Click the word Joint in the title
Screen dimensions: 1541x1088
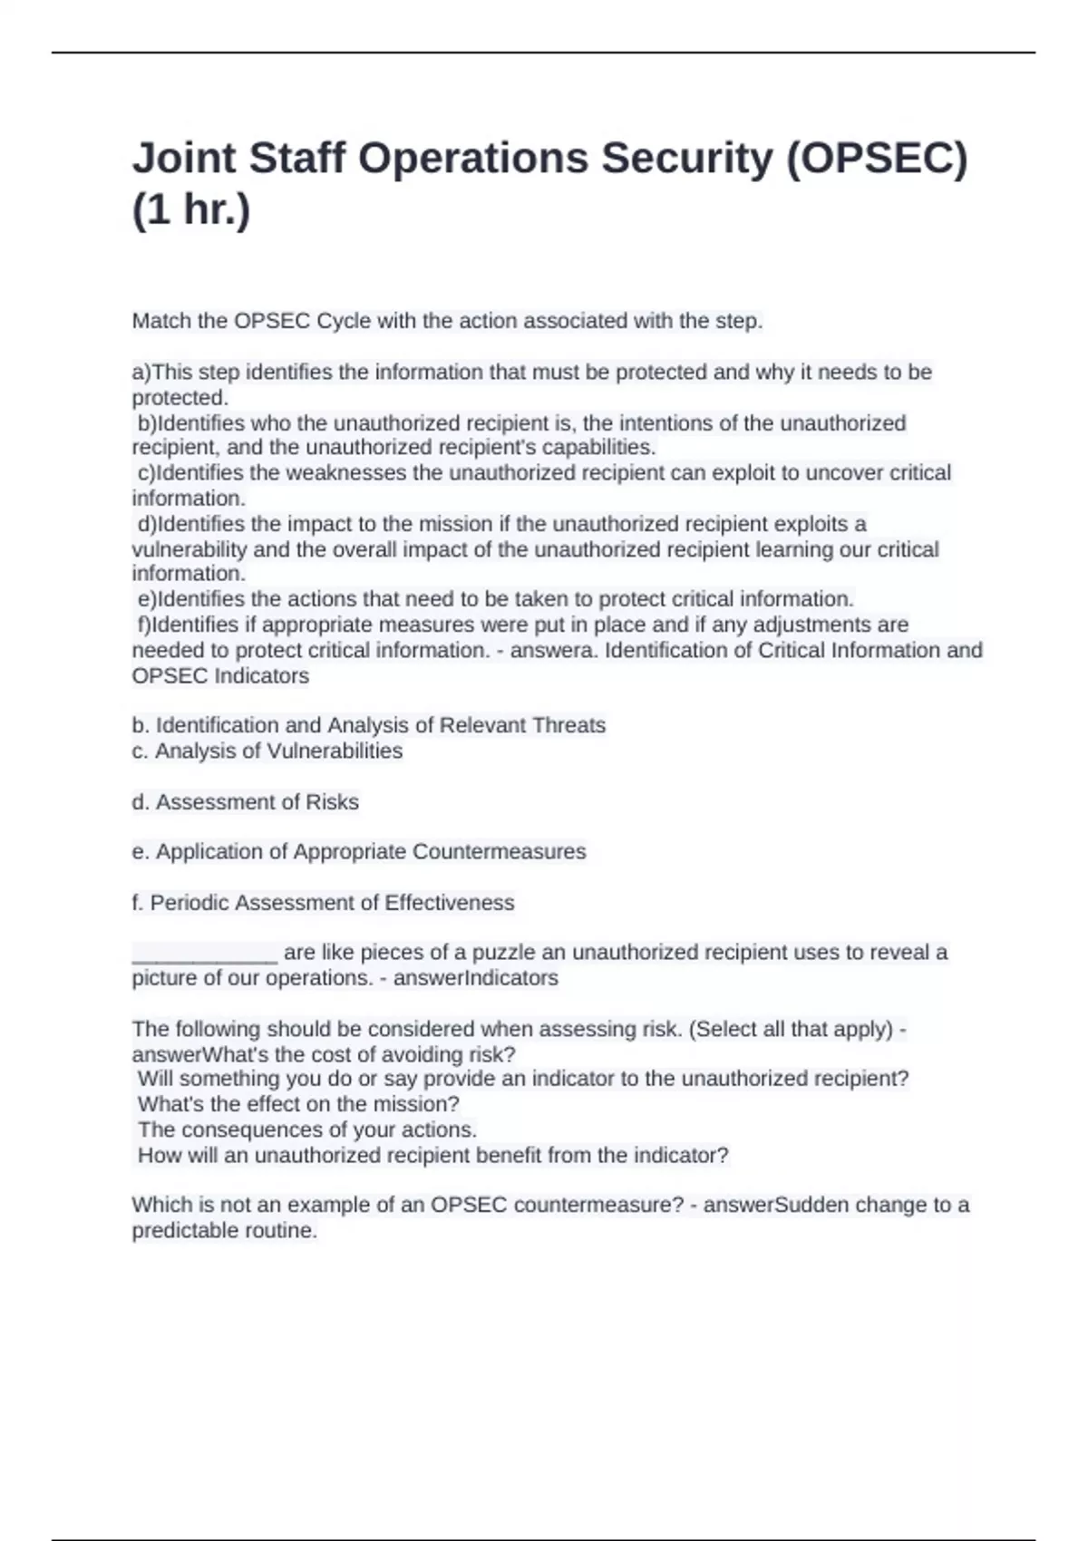coord(184,160)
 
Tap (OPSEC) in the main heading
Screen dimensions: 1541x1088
coord(876,160)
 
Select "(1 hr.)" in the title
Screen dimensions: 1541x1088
coord(191,210)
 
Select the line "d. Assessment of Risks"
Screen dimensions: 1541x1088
coord(246,802)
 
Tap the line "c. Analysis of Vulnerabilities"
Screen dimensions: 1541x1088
coord(267,751)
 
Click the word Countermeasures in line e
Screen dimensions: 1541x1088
coord(500,852)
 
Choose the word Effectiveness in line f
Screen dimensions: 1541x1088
coord(450,903)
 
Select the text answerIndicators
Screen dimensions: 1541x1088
coord(476,978)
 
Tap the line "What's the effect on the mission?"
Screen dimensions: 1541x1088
coord(299,1105)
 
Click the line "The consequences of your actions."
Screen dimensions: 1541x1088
coord(307,1130)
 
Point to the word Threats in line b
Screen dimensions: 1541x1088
coord(568,726)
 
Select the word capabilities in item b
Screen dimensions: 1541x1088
coord(598,448)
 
